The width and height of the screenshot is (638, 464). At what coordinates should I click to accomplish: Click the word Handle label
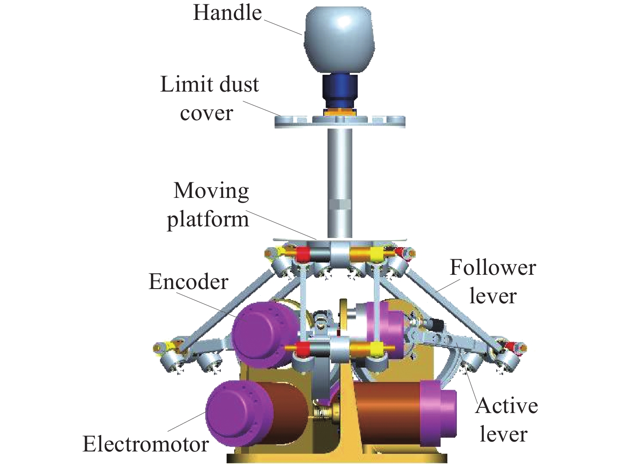(227, 13)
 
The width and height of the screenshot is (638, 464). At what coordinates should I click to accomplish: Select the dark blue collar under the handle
(340, 91)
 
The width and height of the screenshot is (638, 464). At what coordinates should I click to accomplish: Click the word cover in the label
(206, 113)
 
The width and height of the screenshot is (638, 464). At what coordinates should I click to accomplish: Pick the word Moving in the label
(211, 191)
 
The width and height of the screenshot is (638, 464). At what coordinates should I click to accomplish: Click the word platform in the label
(208, 219)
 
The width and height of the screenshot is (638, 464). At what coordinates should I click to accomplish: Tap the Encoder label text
(188, 282)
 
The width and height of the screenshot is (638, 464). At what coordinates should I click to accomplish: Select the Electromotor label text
(146, 444)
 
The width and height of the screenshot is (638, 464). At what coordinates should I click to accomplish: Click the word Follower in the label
(493, 268)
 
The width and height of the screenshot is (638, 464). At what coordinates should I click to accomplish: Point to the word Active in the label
(507, 406)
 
